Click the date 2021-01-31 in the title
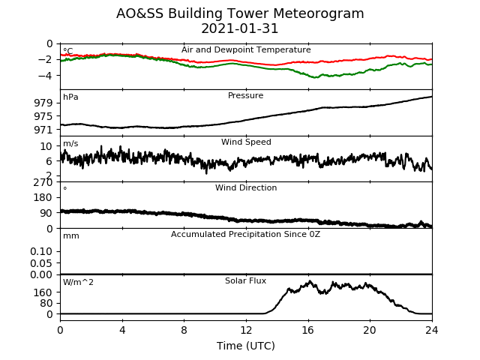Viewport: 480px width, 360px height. (240, 28)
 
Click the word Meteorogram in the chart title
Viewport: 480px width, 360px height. (318, 13)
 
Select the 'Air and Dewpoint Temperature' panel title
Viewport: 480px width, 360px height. (246, 50)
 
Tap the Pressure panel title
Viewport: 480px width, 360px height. (245, 95)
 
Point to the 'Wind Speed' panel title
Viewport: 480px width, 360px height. (246, 142)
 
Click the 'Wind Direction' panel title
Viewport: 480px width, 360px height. (246, 187)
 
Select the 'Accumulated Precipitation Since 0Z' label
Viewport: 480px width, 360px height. (245, 235)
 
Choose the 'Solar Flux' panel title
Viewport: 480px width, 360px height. (245, 280)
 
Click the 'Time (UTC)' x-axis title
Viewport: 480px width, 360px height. (246, 346)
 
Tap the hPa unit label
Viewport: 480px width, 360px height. (70, 97)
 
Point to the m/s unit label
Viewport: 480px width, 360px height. (70, 143)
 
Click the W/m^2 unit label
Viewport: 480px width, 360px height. (78, 282)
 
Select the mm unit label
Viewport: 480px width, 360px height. (71, 236)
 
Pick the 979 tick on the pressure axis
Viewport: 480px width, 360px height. (43, 103)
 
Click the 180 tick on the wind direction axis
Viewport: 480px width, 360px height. (43, 197)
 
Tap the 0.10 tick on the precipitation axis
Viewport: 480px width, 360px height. (41, 252)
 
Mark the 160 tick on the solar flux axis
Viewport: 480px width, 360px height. (43, 292)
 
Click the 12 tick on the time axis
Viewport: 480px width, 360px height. (246, 330)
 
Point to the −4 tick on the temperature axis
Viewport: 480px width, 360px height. (45, 75)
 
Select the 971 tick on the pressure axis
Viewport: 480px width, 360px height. (43, 130)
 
